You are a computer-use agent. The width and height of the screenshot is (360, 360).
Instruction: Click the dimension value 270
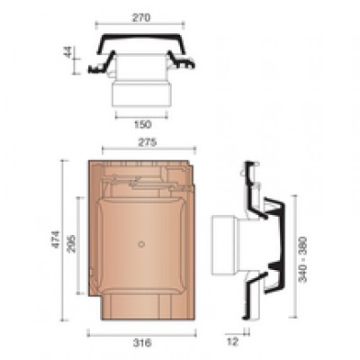tap(140, 18)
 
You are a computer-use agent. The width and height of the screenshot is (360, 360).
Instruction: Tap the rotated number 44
tap(68, 53)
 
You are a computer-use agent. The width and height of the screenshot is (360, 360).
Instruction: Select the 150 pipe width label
tap(142, 124)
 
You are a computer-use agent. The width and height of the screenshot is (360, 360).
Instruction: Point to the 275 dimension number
tap(148, 142)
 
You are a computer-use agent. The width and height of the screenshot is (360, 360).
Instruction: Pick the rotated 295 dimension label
tap(72, 244)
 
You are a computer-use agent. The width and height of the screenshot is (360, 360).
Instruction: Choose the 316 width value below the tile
tap(142, 343)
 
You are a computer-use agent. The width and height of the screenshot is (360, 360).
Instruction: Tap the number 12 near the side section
tap(231, 342)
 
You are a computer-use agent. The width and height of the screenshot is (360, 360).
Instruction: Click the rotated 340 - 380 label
tap(303, 260)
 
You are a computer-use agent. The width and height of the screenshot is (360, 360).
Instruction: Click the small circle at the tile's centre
tap(141, 244)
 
